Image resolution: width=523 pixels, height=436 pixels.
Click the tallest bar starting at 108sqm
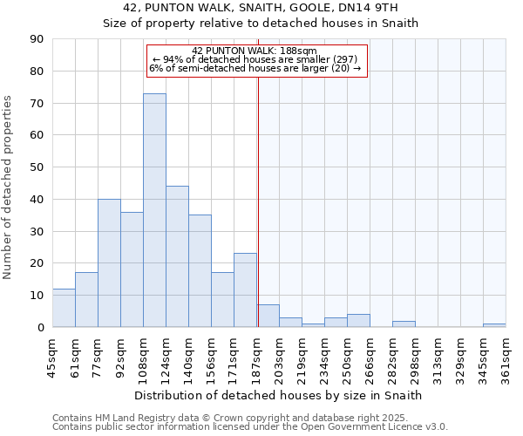(154, 210)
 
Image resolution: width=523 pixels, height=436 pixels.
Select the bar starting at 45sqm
(64, 308)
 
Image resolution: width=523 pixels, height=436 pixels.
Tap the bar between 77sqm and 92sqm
(109, 262)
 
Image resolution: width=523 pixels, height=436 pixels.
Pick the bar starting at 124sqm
(177, 256)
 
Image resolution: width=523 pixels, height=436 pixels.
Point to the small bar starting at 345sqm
(494, 325)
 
